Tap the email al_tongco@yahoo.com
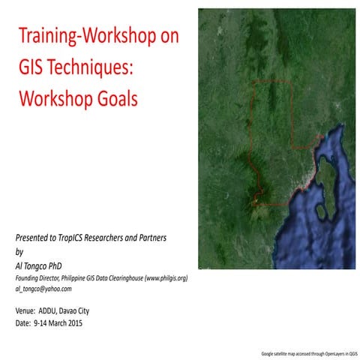(x=43, y=289)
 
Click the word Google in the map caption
(x=267, y=352)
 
